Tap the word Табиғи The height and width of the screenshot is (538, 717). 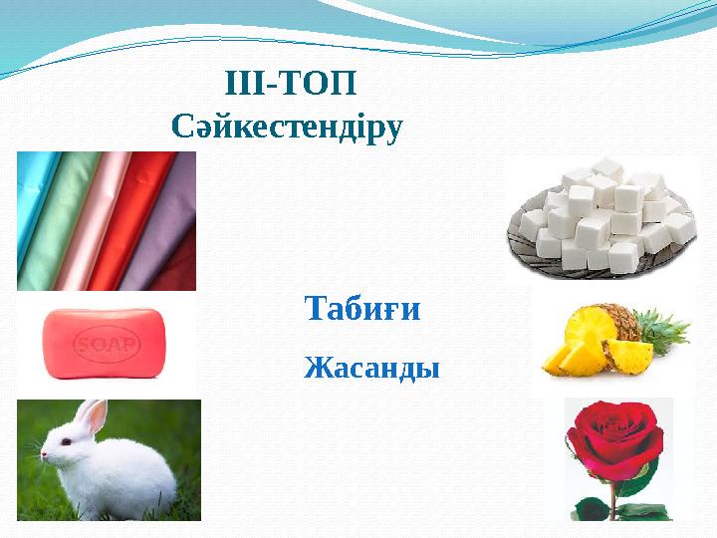point(362,309)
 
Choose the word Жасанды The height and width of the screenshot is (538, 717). point(371,369)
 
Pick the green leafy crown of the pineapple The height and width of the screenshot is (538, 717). point(662,330)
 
